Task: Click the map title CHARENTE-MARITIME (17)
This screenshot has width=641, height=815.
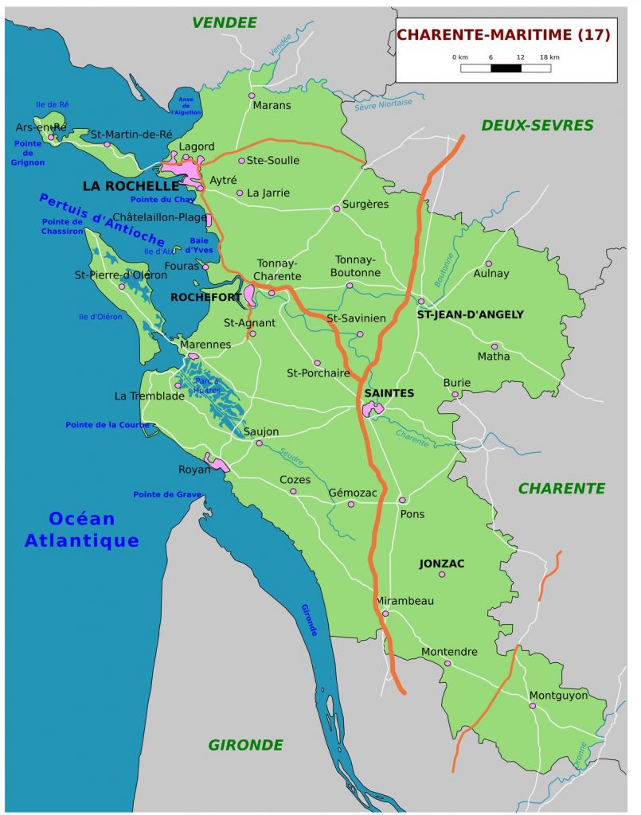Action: tap(503, 34)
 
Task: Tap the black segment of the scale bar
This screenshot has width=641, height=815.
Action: tap(506, 68)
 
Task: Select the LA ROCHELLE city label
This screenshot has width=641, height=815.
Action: tap(131, 185)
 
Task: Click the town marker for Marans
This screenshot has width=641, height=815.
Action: tap(252, 95)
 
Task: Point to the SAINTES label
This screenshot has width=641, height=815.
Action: tap(389, 393)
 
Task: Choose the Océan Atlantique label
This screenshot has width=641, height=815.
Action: tap(82, 530)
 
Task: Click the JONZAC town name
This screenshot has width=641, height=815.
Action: tap(442, 563)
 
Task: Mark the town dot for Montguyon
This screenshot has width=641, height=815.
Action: tap(533, 706)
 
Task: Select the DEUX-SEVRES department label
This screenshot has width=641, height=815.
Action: tap(537, 125)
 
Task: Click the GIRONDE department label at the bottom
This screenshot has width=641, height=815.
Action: tap(245, 745)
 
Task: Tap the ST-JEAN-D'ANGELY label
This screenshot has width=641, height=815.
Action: tap(471, 314)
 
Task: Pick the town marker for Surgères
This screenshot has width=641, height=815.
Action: tap(337, 209)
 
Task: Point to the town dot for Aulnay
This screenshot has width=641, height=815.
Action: tap(489, 263)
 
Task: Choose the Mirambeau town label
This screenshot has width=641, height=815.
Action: tap(405, 601)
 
